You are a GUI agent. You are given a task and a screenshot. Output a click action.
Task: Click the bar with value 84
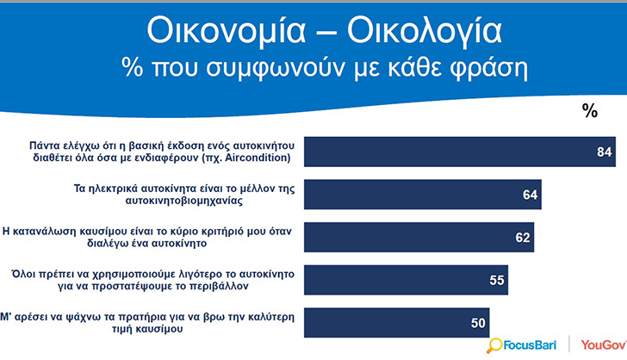pos(459,152)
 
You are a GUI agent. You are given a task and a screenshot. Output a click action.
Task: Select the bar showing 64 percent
pos(423,195)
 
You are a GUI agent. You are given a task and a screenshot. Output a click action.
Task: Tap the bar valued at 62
pos(419,237)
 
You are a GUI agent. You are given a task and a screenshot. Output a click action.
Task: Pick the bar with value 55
pos(406,280)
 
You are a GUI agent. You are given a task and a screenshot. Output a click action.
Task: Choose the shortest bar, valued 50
pos(397,323)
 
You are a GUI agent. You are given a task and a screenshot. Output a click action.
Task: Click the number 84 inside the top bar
pos(605,152)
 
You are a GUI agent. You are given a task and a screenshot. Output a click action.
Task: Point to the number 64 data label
pos(530,195)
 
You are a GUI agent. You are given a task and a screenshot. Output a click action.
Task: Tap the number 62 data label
pos(522,238)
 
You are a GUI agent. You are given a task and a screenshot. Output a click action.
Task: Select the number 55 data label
pos(497,281)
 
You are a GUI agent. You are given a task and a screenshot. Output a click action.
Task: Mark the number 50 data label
pos(478,323)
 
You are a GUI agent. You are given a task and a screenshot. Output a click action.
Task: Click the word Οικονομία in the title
pos(227,31)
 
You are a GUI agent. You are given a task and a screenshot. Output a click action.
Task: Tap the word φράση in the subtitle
pos(488,68)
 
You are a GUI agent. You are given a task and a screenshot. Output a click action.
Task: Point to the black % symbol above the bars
pos(590,110)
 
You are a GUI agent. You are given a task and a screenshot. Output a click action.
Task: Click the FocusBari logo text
pos(530,344)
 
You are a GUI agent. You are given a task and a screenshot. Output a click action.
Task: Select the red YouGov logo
pos(604,344)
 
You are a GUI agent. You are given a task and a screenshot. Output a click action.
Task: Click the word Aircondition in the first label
pos(258,158)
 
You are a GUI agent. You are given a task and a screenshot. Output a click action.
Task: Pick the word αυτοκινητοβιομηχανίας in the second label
pos(184,201)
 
